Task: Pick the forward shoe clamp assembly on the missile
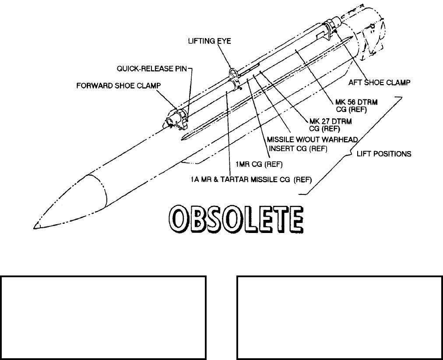tap(175, 120)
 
